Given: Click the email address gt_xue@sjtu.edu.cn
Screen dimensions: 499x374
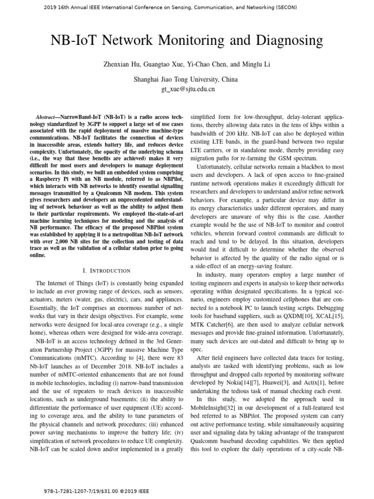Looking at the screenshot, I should click(187, 89).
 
